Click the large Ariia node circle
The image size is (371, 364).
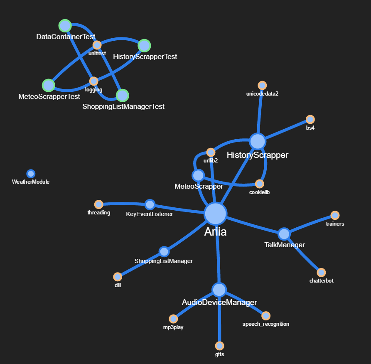(x=215, y=214)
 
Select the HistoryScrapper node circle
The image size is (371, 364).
(x=258, y=141)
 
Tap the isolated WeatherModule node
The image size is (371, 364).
(x=31, y=174)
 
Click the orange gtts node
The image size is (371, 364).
(x=219, y=346)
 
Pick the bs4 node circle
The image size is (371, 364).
(x=310, y=120)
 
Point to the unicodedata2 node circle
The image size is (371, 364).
(x=262, y=86)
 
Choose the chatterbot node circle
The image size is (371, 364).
(x=321, y=273)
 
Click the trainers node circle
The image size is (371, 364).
(x=335, y=215)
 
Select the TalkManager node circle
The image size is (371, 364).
(x=284, y=234)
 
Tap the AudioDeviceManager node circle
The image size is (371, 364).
(x=219, y=289)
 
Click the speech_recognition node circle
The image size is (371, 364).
(x=266, y=316)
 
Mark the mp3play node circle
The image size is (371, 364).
(x=173, y=319)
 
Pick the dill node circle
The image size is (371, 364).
(x=118, y=277)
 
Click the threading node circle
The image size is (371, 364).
(x=98, y=204)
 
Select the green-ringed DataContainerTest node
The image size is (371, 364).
(x=65, y=26)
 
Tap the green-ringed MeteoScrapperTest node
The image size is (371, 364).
(x=49, y=85)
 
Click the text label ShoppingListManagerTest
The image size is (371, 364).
(x=123, y=107)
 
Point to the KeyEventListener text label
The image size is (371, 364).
(x=150, y=214)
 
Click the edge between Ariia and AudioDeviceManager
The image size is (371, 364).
(x=217, y=253)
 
